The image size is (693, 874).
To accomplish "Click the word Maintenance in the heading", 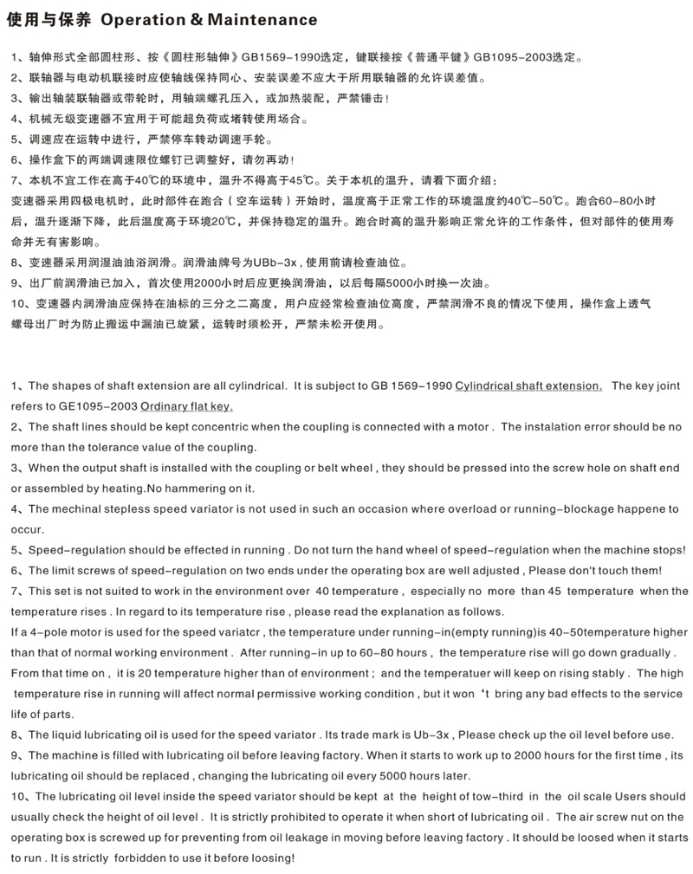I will click(262, 19).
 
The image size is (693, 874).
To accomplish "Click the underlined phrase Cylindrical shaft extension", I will click(528, 385).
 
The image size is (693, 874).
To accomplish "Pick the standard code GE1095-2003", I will click(94, 406).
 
